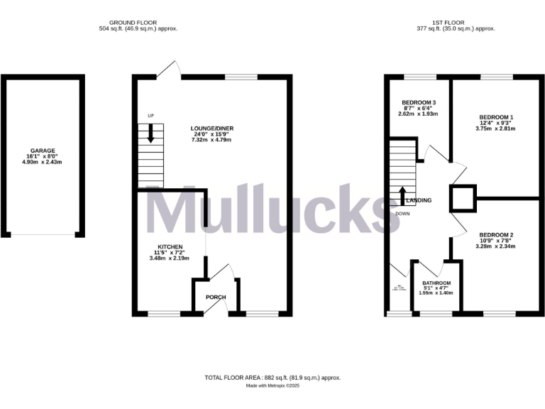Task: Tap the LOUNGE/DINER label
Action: point(211,129)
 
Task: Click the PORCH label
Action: point(215,298)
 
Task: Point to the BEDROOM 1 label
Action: point(496,116)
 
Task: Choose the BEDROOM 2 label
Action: point(496,234)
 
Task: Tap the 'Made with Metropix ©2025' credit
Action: point(272,386)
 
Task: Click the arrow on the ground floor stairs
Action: point(150,135)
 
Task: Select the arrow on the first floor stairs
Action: point(402,195)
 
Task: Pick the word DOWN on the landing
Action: point(402,213)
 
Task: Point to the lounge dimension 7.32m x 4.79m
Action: point(211,140)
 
